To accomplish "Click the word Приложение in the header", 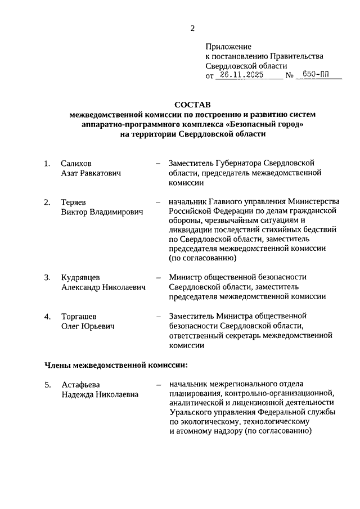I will pyautogui.click(x=228, y=47).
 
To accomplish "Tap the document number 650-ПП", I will pyautogui.click(x=316, y=75).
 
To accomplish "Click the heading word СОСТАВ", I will pyautogui.click(x=192, y=105).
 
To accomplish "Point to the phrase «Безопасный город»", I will pyautogui.click(x=264, y=124).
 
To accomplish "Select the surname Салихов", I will pyautogui.click(x=76, y=164).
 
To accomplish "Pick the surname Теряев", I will pyautogui.click(x=74, y=202).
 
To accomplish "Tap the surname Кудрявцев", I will pyautogui.click(x=80, y=277).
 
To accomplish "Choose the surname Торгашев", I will pyautogui.click(x=79, y=316).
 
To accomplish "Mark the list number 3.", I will pyautogui.click(x=47, y=277).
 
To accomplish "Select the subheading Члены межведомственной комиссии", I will pyautogui.click(x=116, y=365).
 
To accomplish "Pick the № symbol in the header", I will pyautogui.click(x=291, y=75).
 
